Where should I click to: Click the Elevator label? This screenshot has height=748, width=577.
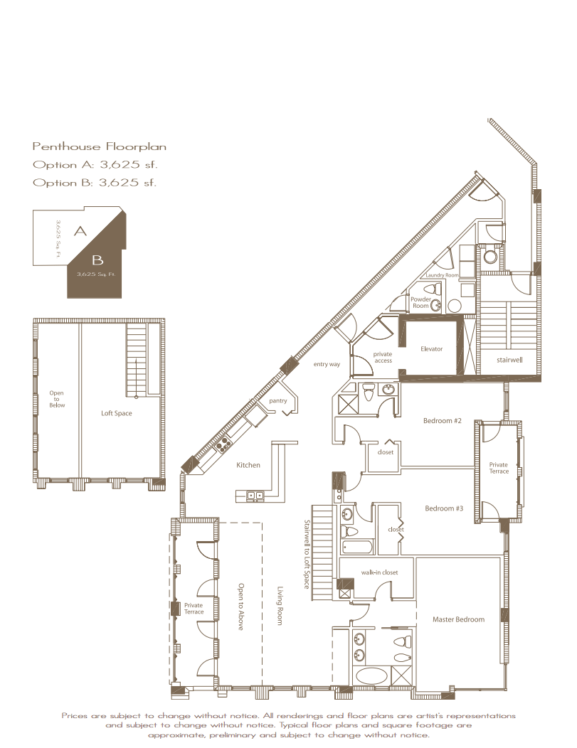tap(431, 348)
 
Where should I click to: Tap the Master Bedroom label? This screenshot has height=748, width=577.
tap(458, 619)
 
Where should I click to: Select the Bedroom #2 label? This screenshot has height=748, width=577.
tap(443, 421)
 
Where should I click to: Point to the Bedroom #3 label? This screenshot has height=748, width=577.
tap(444, 508)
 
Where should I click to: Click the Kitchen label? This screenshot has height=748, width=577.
tap(248, 465)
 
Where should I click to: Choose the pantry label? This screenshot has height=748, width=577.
tap(277, 401)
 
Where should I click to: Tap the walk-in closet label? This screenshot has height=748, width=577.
tap(379, 572)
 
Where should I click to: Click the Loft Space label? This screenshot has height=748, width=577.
tap(117, 414)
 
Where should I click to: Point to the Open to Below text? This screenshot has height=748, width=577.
tap(57, 400)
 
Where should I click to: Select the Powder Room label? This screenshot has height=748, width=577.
tap(421, 302)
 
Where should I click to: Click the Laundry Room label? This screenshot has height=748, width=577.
tap(442, 275)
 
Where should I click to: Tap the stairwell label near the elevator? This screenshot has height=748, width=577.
tap(509, 360)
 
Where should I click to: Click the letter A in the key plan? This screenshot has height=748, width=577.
tap(80, 231)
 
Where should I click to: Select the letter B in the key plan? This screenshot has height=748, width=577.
tap(97, 260)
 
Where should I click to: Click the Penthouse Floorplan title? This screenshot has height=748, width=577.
tap(100, 146)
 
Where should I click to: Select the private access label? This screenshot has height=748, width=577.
tap(383, 358)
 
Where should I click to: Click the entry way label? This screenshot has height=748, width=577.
tap(327, 365)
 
